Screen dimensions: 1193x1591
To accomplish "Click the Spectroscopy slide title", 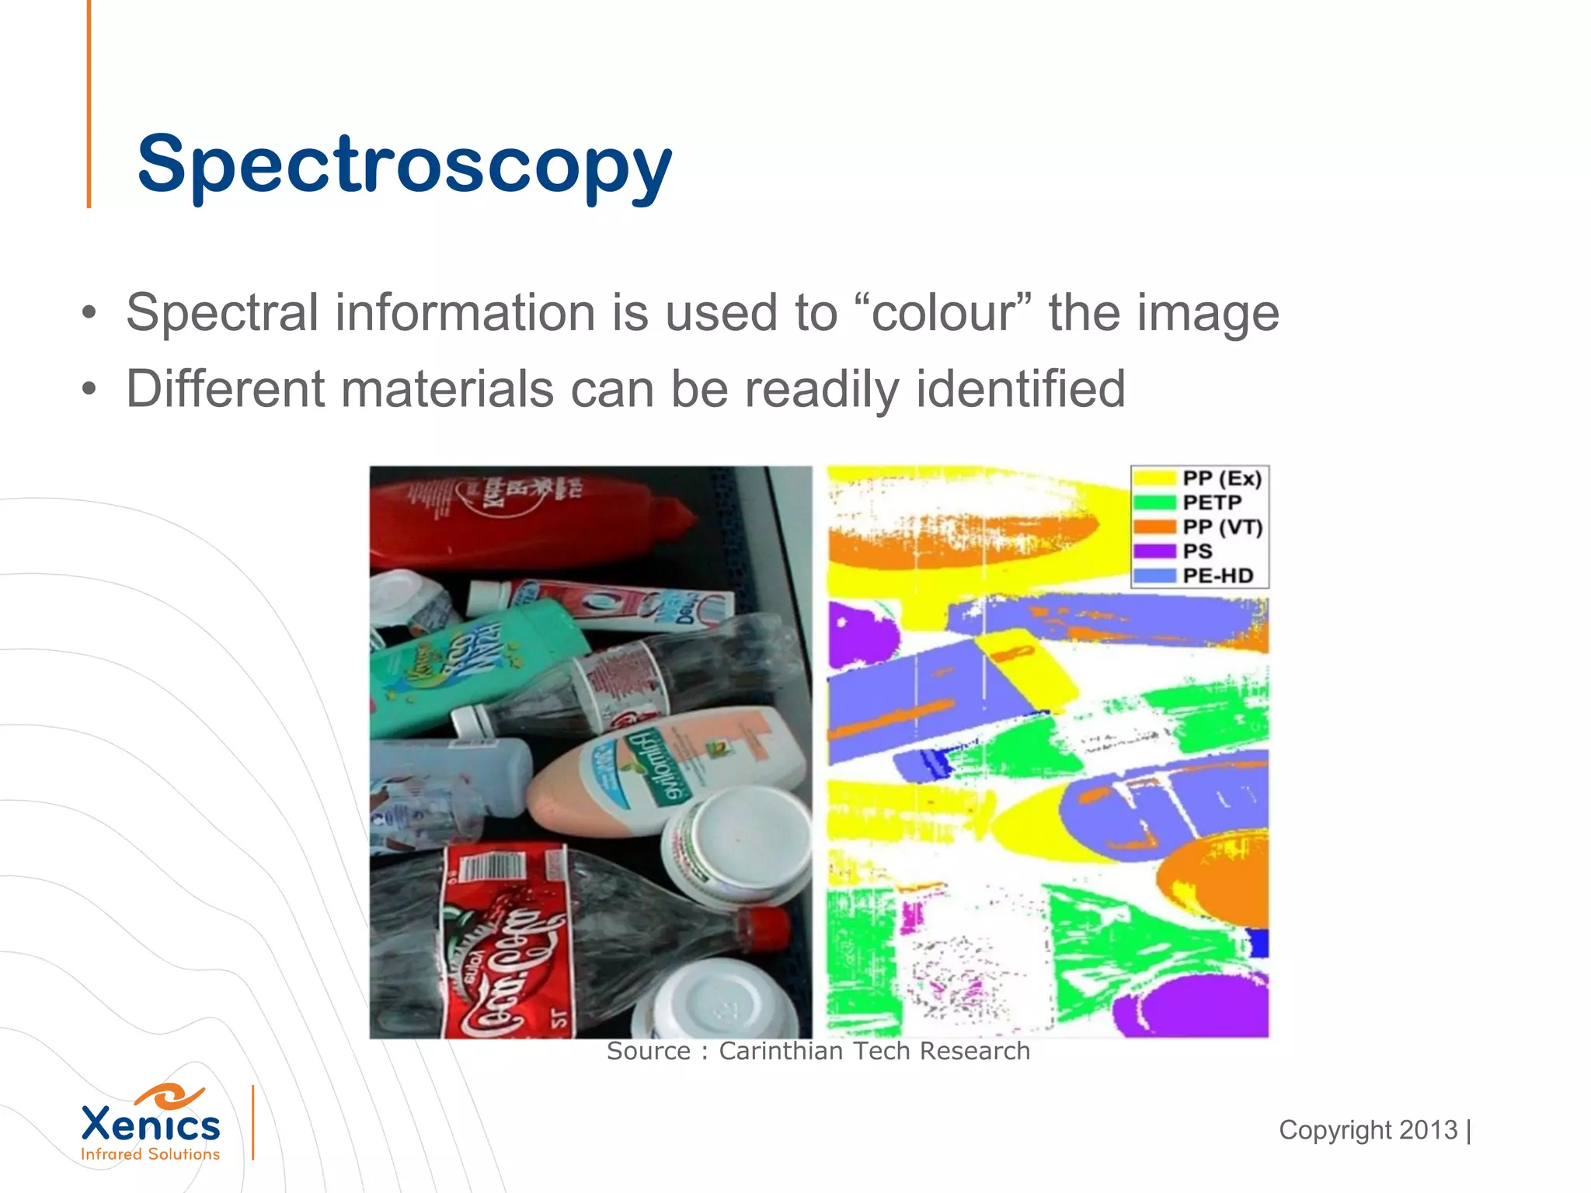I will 404,165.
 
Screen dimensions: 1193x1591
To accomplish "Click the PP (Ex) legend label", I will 1222,478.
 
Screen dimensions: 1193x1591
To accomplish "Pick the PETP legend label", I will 1212,503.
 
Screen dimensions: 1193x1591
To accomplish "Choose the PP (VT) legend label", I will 1222,527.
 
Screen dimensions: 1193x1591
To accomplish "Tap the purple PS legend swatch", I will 1154,551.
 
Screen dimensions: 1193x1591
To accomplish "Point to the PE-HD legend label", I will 1217,576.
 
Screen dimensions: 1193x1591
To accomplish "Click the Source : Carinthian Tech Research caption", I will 818,1051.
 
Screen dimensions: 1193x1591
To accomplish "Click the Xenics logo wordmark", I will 151,1125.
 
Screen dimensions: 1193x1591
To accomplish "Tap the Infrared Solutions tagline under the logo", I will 151,1154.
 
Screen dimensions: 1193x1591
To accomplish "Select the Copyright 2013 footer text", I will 1369,1130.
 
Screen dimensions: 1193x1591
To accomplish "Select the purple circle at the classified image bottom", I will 1196,1006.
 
